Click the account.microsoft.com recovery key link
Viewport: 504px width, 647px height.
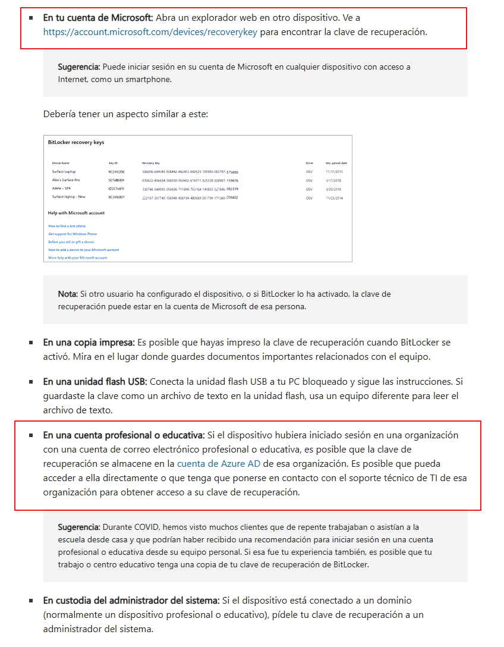coord(150,32)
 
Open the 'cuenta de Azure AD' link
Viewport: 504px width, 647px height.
coord(219,463)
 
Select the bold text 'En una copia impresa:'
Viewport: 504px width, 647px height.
coord(89,343)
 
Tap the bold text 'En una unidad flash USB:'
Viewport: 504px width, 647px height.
coord(94,381)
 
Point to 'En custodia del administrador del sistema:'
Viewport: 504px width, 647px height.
coord(131,601)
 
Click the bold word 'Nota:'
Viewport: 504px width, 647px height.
coord(68,294)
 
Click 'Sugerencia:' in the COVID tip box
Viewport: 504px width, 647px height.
coord(79,527)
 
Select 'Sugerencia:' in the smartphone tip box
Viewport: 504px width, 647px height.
coord(79,67)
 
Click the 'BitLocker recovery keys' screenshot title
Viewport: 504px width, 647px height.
coord(76,143)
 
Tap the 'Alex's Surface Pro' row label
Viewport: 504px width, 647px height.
coord(65,180)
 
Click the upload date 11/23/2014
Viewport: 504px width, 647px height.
coord(334,197)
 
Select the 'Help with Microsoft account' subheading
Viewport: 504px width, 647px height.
coord(76,213)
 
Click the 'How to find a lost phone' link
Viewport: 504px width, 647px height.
coord(67,226)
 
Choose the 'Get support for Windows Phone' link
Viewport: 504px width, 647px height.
coord(72,234)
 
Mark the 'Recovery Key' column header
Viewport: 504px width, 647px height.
coord(152,162)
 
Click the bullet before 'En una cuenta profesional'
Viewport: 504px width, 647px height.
coord(31,435)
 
